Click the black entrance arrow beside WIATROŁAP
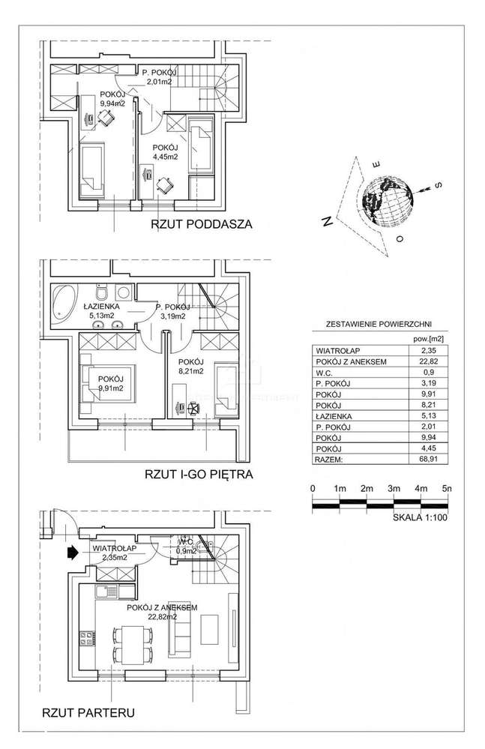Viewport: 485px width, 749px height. click(x=72, y=553)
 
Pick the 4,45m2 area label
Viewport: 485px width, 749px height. click(x=165, y=157)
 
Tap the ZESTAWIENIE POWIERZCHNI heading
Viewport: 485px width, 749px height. click(x=378, y=324)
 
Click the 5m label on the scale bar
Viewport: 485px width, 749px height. click(x=447, y=488)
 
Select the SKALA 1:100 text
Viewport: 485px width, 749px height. click(x=420, y=517)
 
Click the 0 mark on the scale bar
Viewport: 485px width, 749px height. click(x=312, y=488)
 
